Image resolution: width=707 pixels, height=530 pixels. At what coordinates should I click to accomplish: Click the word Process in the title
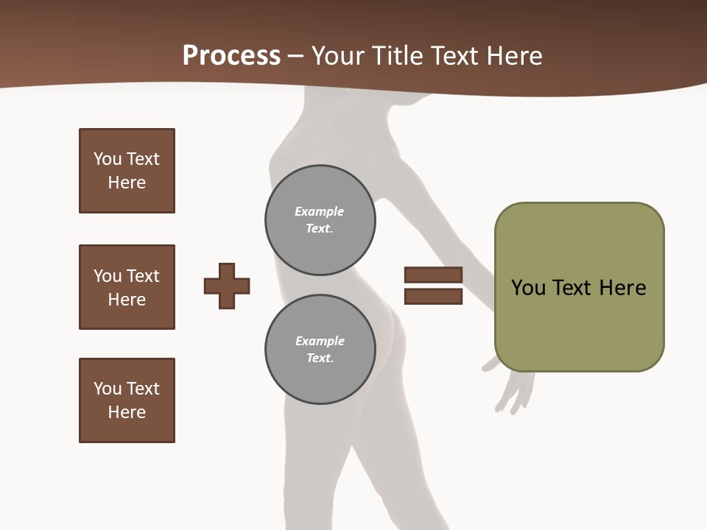[x=231, y=56]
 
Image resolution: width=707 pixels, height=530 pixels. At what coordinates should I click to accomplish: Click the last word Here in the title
[x=515, y=56]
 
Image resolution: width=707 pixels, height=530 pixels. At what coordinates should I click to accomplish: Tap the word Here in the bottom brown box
[x=127, y=412]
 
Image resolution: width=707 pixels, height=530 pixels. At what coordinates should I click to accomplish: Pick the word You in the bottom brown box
[x=108, y=389]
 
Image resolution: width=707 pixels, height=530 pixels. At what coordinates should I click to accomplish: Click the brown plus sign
[x=227, y=286]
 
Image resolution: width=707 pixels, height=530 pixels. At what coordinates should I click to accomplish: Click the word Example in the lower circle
[x=320, y=341]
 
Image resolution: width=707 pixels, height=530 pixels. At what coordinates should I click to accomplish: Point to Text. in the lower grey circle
[x=320, y=358]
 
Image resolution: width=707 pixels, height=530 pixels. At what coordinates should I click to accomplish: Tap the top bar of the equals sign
[x=433, y=275]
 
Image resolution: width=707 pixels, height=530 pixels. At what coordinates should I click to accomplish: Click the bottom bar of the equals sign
[x=433, y=296]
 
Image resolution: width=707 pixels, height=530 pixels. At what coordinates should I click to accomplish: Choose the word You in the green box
[x=528, y=288]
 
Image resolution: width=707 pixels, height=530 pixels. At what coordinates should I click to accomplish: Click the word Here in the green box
[x=622, y=288]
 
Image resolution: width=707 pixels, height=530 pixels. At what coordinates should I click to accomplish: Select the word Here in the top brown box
[x=127, y=183]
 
